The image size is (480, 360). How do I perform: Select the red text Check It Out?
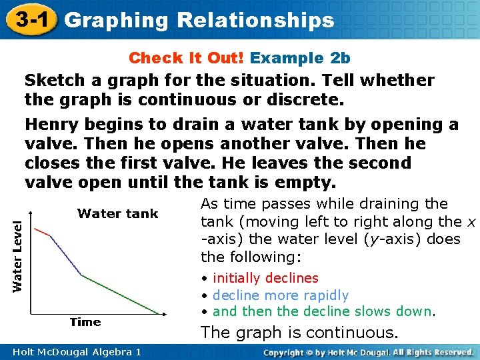point(187,58)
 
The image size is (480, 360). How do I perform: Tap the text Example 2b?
point(301,58)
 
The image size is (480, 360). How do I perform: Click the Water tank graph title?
point(117,213)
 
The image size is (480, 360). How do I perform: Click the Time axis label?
point(85,322)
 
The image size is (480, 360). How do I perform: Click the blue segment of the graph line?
point(66,255)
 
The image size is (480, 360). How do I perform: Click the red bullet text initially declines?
point(265,278)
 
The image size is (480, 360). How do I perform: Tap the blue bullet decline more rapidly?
point(281,295)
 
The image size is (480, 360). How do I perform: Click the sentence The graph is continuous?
point(299,333)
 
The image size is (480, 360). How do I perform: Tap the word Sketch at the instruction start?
point(51,81)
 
